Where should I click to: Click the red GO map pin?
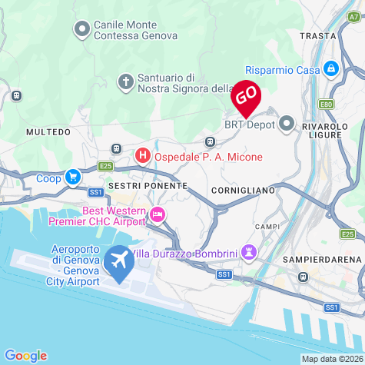coord(246,96)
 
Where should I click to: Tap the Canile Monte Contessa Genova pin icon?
coord(82,29)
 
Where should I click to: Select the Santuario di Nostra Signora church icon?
coord(125,81)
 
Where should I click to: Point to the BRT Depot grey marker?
coord(287,122)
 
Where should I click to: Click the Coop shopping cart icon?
coord(72,178)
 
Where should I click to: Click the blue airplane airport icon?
coord(119,261)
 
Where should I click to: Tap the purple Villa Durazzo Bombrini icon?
coord(249,252)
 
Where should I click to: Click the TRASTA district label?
coord(318,35)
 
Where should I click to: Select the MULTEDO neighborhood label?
coord(48,132)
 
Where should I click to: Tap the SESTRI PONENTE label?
coord(148,186)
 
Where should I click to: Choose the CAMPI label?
coord(268,227)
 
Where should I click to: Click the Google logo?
coord(25,354)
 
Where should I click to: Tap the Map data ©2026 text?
coord(331,358)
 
